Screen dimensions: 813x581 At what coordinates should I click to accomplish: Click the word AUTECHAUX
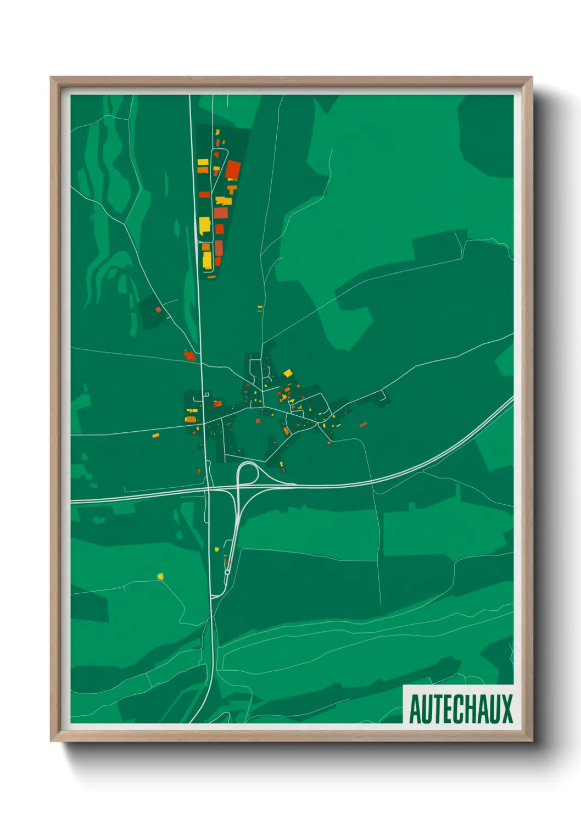[x=461, y=709]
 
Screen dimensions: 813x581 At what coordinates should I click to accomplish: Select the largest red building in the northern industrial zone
[x=233, y=170]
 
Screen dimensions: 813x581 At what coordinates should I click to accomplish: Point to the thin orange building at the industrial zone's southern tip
[x=211, y=277]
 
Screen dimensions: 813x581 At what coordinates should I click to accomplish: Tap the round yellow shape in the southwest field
[x=160, y=576]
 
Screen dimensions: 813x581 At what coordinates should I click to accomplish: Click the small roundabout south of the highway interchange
[x=227, y=572]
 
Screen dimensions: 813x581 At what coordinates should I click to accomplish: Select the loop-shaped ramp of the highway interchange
[x=247, y=472]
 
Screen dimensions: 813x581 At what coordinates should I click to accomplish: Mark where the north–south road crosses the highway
[x=209, y=488]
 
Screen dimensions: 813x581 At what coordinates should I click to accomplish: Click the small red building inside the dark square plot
[x=158, y=310]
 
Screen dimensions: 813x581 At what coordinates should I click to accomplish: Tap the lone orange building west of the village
[x=155, y=436]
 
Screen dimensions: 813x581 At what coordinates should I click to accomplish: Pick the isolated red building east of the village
[x=363, y=424]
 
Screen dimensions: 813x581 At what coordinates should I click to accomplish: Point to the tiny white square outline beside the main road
[x=206, y=394]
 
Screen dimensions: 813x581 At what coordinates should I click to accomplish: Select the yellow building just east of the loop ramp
[x=282, y=466]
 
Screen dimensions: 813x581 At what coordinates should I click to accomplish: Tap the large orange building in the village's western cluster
[x=191, y=419]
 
